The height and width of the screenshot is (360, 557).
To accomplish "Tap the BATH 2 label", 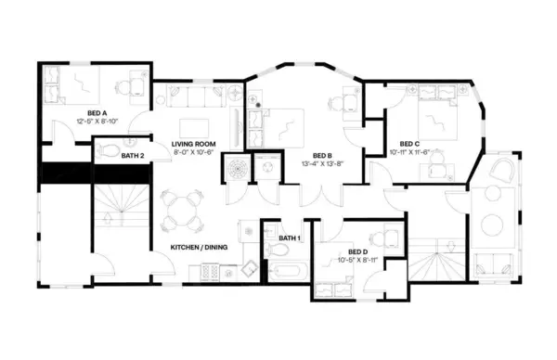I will [x=133, y=155].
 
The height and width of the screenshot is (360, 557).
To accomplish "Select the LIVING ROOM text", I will [x=193, y=145].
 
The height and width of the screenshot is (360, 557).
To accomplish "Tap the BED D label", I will [x=358, y=251].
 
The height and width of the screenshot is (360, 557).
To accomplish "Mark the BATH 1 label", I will [x=290, y=238].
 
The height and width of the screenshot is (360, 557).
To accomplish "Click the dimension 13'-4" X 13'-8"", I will [x=324, y=164].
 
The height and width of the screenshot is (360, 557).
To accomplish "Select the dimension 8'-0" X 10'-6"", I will [x=193, y=154].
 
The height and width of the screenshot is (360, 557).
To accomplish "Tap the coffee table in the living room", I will [x=194, y=126].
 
